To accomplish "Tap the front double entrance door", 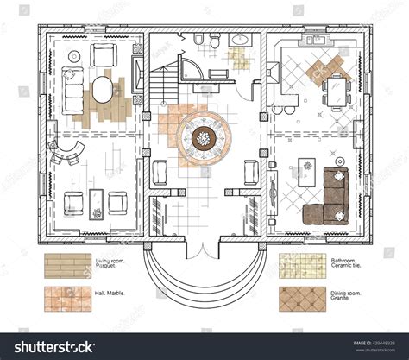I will (204, 250).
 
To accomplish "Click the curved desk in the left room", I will (66, 155).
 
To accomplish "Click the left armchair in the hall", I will (160, 171).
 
